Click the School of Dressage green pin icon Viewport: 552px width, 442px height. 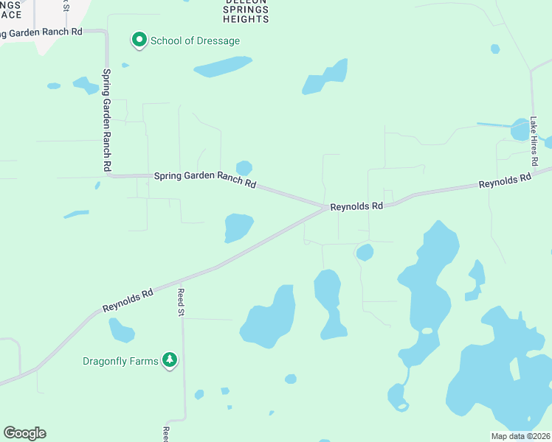pos(139,40)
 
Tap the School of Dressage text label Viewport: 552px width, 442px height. pos(195,41)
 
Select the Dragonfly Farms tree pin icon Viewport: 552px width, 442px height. pos(170,360)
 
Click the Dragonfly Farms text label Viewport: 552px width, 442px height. pos(120,362)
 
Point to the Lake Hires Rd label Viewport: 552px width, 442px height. pos(534,141)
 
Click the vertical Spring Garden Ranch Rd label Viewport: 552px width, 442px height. pos(107,122)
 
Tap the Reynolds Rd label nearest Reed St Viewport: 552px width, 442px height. pos(128,299)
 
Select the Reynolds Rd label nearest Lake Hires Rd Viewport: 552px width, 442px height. pos(505,180)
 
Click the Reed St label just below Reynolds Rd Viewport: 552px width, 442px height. pos(179,302)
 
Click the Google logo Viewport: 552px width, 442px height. pos(24,433)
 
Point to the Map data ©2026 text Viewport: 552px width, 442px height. pos(520,436)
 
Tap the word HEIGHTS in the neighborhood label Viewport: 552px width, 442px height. pos(246,19)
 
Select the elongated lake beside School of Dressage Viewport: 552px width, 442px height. pos(223,66)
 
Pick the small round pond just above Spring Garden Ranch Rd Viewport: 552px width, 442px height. pos(244,168)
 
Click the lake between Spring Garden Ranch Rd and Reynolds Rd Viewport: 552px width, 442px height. pos(238,227)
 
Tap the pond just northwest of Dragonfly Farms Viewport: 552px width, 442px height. pos(121,331)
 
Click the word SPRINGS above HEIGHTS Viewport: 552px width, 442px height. pos(246,9)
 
